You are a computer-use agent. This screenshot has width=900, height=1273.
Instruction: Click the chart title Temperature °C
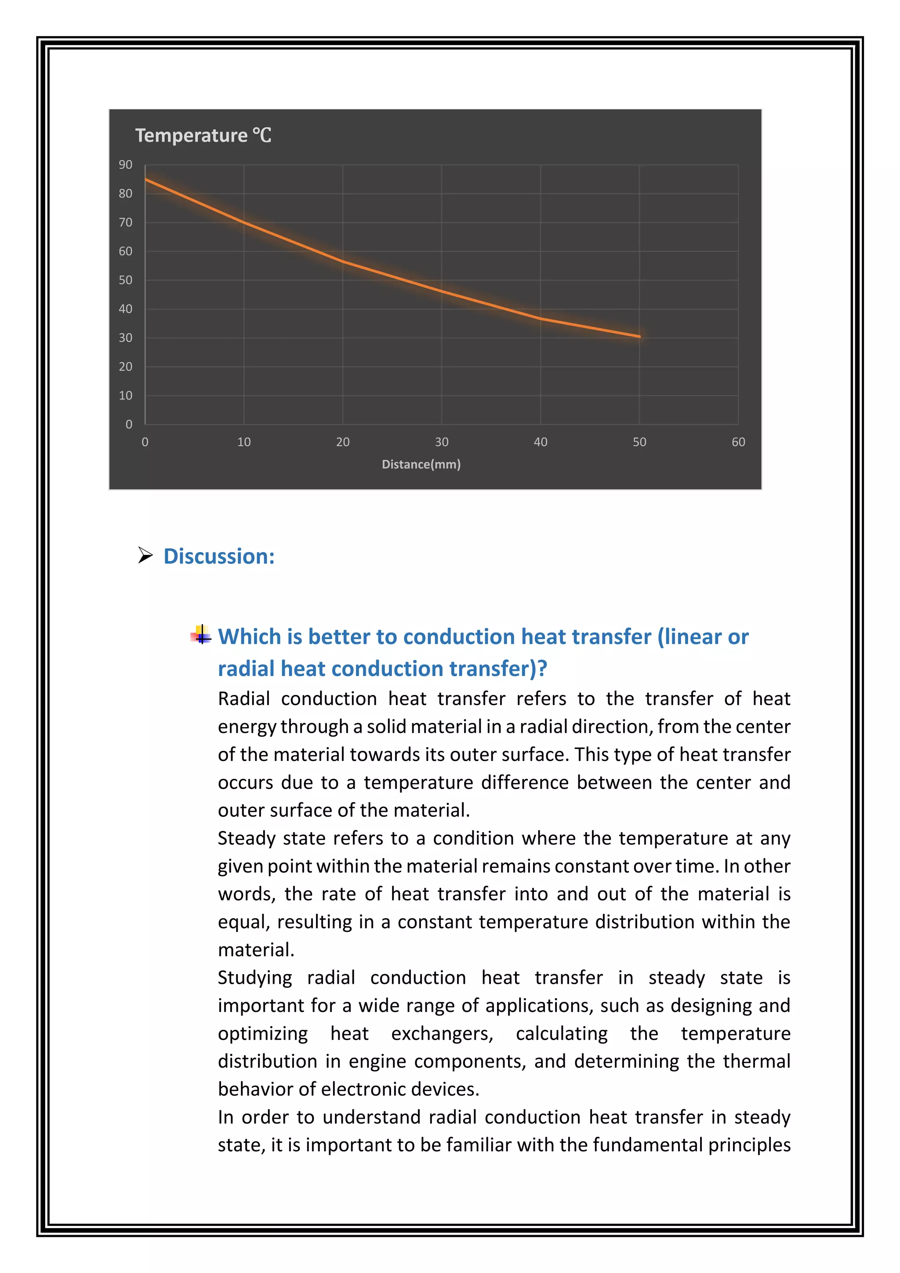203,135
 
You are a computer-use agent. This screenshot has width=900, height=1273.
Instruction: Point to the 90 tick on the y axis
125,165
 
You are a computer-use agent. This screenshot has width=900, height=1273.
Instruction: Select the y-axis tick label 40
125,309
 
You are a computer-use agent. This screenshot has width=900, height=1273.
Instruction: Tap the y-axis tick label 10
125,395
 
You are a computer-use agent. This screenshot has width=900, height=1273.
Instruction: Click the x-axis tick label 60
738,442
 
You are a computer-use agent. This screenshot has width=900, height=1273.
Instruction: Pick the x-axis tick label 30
441,442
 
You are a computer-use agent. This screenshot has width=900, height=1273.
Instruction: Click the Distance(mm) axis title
421,464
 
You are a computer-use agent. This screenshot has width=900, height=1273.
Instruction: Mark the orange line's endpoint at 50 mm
639,336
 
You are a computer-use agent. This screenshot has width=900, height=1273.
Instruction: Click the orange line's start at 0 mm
146,179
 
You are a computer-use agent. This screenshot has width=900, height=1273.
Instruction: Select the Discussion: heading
219,556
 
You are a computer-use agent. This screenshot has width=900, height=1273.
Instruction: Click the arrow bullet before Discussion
145,555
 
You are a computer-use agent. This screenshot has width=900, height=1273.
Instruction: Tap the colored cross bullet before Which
201,635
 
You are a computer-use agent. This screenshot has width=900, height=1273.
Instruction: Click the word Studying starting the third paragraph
254,978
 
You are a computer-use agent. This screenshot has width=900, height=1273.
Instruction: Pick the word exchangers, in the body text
442,1033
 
